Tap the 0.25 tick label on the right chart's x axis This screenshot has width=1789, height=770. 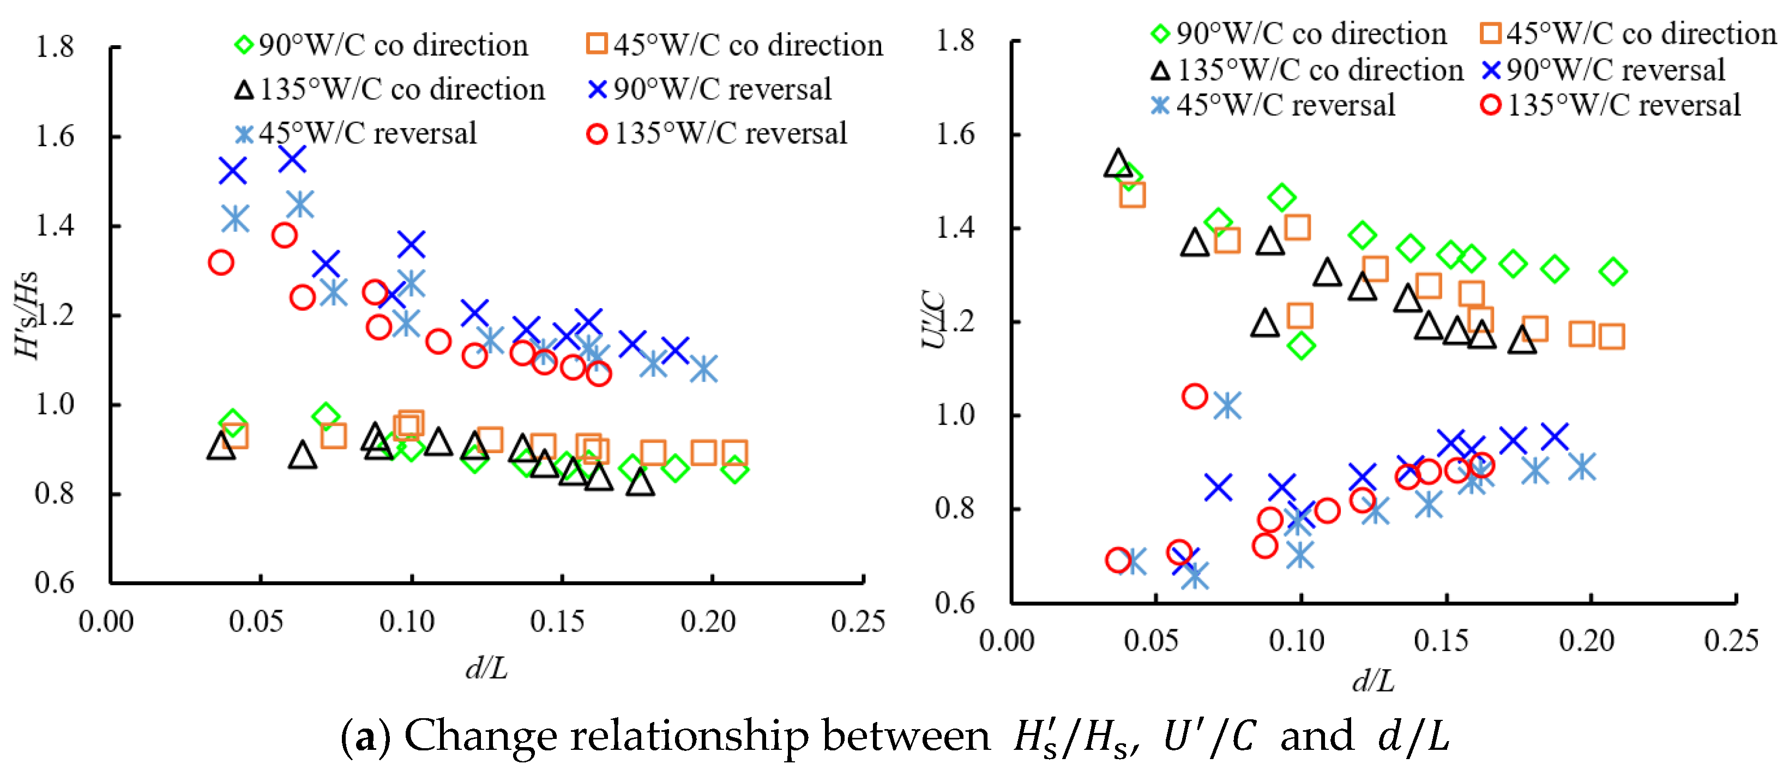[1731, 640]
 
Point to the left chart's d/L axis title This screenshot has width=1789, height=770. [487, 668]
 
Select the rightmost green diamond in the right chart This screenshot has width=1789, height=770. [1612, 272]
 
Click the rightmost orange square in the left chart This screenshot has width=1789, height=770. [734, 453]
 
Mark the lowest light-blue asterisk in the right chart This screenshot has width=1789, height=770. [1195, 575]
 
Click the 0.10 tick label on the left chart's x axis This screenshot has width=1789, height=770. [407, 622]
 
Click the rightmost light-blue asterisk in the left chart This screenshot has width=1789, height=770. [703, 369]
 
